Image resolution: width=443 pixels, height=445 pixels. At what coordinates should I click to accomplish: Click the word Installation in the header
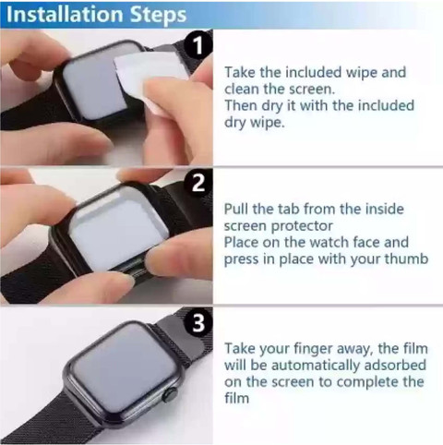click(x=65, y=14)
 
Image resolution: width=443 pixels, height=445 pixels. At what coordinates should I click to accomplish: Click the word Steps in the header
click(x=158, y=16)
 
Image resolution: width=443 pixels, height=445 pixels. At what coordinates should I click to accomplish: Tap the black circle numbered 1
click(x=198, y=45)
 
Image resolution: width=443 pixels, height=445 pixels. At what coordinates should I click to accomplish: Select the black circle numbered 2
click(x=198, y=183)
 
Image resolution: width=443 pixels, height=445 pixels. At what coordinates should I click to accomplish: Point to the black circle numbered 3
click(x=198, y=322)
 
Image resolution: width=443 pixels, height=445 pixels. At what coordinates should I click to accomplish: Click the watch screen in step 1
click(x=94, y=83)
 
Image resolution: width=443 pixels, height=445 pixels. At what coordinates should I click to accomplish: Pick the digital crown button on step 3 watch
click(x=169, y=395)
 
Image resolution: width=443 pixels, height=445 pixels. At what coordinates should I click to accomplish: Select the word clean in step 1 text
click(x=242, y=89)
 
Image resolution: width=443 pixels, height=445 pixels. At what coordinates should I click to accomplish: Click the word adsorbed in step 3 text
click(x=395, y=365)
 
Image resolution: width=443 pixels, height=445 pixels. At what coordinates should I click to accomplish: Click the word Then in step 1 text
click(x=241, y=105)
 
